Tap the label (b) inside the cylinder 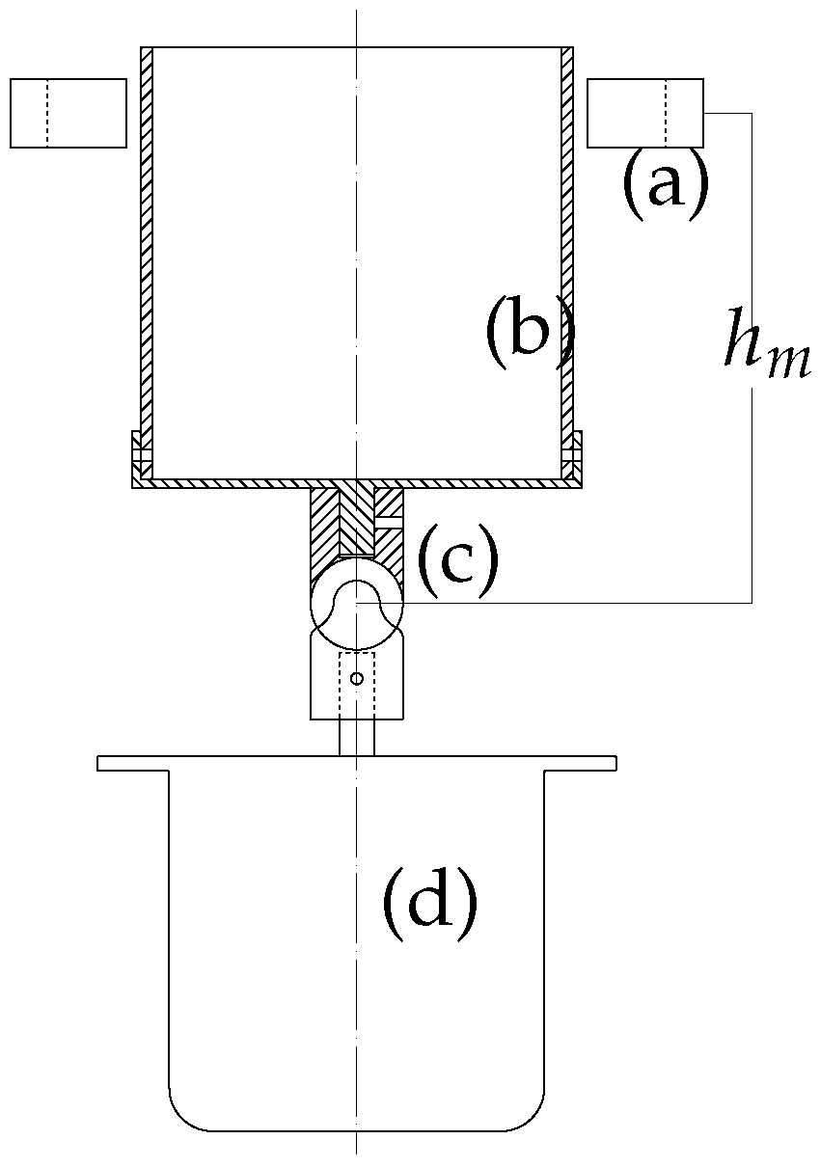(529, 334)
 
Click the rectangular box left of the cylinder (68, 114)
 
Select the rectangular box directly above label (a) (644, 114)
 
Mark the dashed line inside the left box (46, 114)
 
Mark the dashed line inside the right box (666, 114)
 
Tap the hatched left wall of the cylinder (147, 260)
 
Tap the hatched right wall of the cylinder (567, 260)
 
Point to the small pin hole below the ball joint (356, 679)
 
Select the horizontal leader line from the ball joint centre (579, 602)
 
